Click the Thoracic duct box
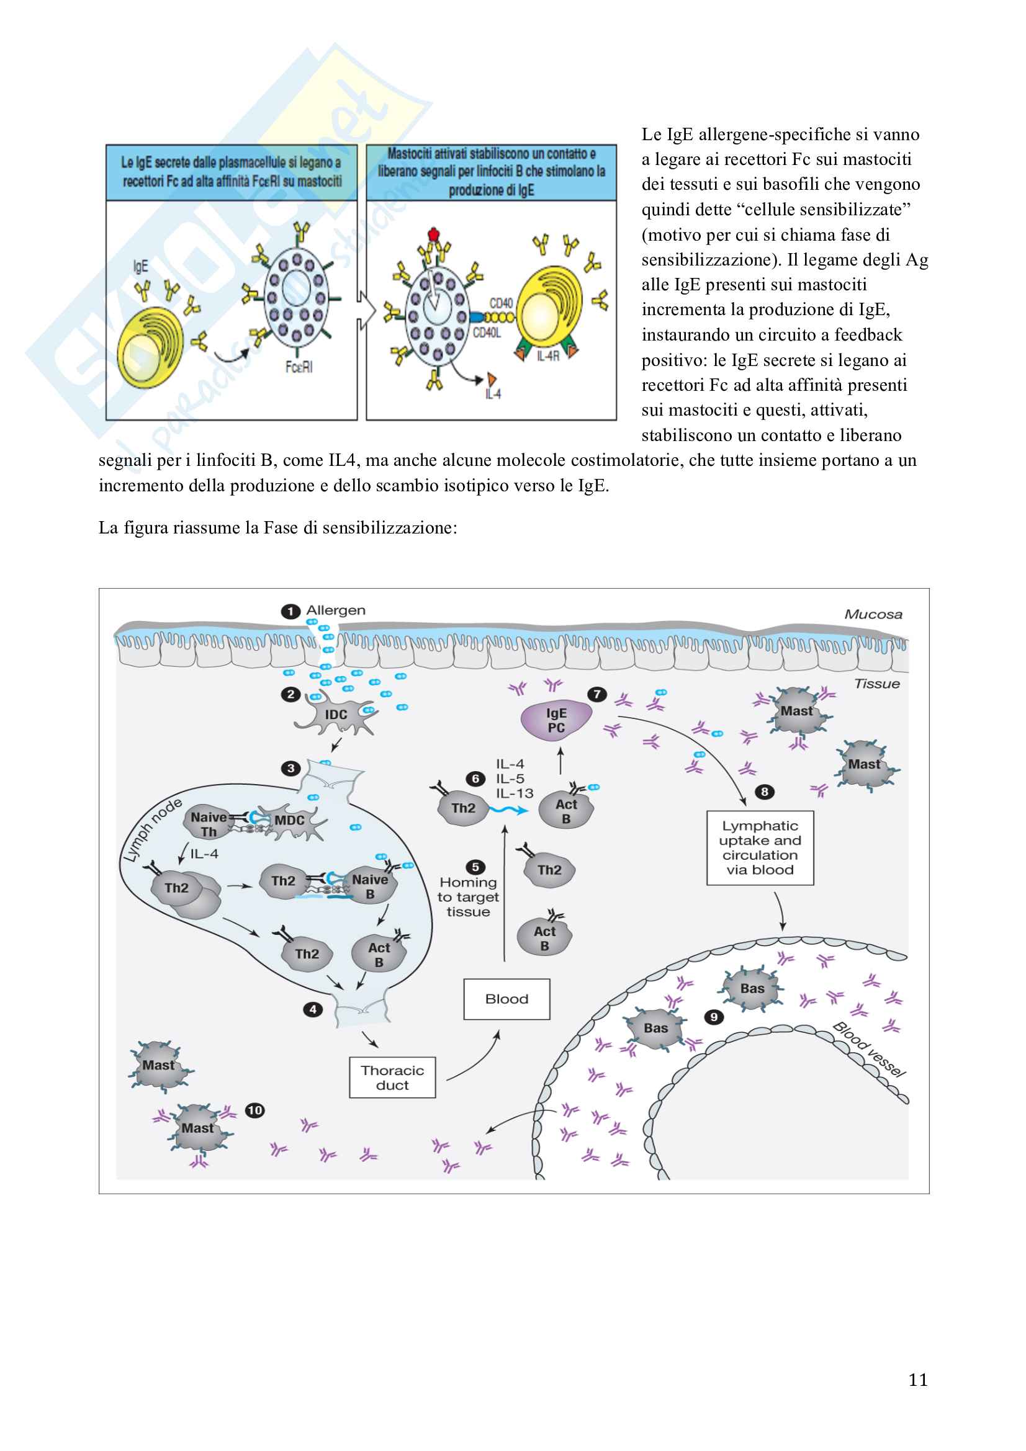392,1078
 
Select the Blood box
506,999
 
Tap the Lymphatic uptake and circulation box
760,847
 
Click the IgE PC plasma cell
556,720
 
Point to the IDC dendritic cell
336,715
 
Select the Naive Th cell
206,823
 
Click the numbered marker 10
254,1110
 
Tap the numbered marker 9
714,1017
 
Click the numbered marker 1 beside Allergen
290,611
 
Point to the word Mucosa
873,614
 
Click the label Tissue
877,684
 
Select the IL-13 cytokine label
514,793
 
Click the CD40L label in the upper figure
487,333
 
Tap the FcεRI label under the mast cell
299,367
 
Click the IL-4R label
547,357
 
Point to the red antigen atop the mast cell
433,234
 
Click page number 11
918,1380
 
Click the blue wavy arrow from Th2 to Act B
509,810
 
